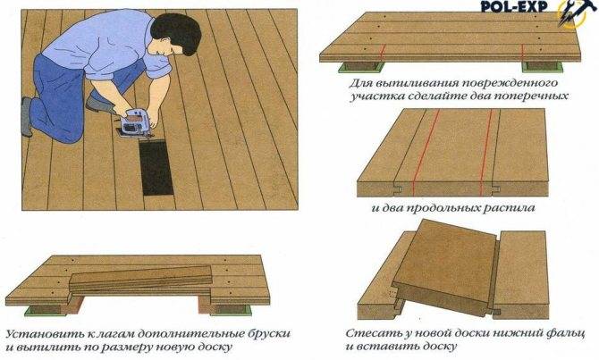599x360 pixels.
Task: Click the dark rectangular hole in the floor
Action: [156, 167]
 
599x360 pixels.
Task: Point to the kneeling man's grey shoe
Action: [26, 116]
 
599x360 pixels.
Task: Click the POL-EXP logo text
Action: [513, 6]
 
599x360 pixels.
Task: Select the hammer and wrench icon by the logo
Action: [573, 13]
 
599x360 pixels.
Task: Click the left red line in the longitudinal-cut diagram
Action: [426, 153]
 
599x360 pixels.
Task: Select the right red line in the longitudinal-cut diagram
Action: [486, 153]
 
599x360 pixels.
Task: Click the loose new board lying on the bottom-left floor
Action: [140, 280]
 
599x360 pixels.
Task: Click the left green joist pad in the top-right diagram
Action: [361, 67]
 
